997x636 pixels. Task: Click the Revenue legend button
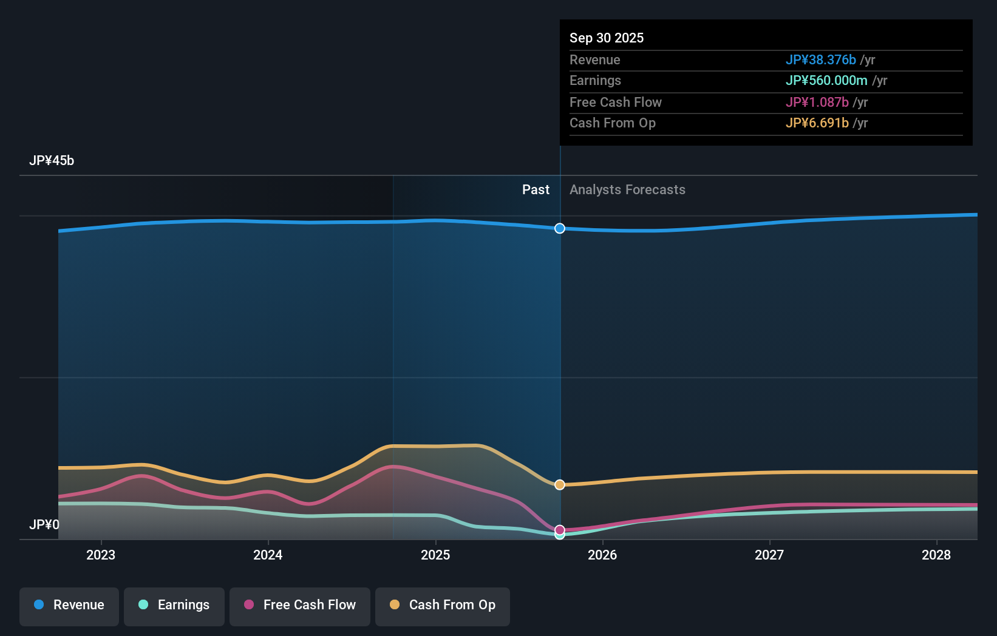(69, 606)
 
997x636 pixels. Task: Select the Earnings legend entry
(174, 606)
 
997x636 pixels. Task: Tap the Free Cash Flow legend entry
(300, 606)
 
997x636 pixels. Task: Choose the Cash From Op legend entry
(443, 606)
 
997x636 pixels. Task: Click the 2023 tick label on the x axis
(101, 555)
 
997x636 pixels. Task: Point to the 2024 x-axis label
(268, 555)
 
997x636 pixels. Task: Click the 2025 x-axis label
(435, 555)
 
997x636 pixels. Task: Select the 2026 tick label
(602, 555)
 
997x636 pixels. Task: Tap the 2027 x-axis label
(769, 555)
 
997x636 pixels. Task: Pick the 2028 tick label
(936, 555)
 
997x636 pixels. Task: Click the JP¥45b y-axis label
(52, 161)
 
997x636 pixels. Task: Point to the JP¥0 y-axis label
(44, 524)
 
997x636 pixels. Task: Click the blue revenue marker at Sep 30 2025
(560, 228)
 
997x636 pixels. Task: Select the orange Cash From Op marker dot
(560, 485)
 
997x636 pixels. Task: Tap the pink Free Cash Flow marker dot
(560, 530)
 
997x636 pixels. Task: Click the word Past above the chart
(536, 190)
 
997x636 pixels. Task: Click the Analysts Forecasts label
(627, 190)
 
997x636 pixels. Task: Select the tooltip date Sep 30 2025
(607, 38)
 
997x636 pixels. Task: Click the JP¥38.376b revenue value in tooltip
(820, 59)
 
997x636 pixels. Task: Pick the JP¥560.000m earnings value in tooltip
(826, 81)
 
